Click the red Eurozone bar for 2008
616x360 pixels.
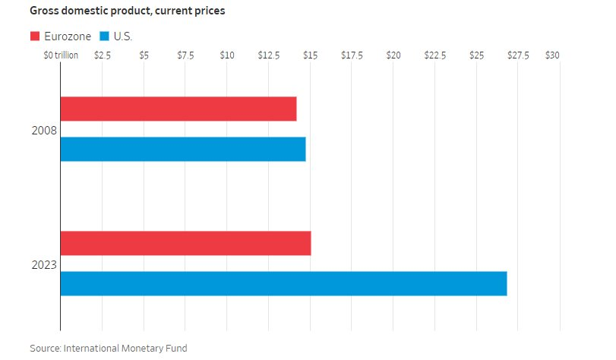[178, 109]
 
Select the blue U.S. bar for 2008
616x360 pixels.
[183, 149]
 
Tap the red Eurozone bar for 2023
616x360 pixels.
[186, 243]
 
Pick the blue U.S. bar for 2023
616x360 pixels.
[283, 283]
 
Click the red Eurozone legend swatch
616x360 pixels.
[35, 36]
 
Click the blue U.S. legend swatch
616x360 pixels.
[104, 36]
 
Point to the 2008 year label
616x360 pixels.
[44, 131]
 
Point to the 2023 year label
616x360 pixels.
[44, 265]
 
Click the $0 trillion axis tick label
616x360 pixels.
[61, 55]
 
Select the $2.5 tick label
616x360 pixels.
[102, 55]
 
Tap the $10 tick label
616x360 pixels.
[227, 55]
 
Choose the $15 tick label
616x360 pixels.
[311, 55]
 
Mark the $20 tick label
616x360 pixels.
[393, 55]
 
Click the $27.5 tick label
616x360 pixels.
[518, 55]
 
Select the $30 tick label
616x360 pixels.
[552, 55]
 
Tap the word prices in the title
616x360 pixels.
[208, 11]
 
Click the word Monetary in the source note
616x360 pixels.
[140, 348]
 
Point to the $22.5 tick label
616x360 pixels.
[435, 55]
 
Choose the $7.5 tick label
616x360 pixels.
[185, 55]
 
